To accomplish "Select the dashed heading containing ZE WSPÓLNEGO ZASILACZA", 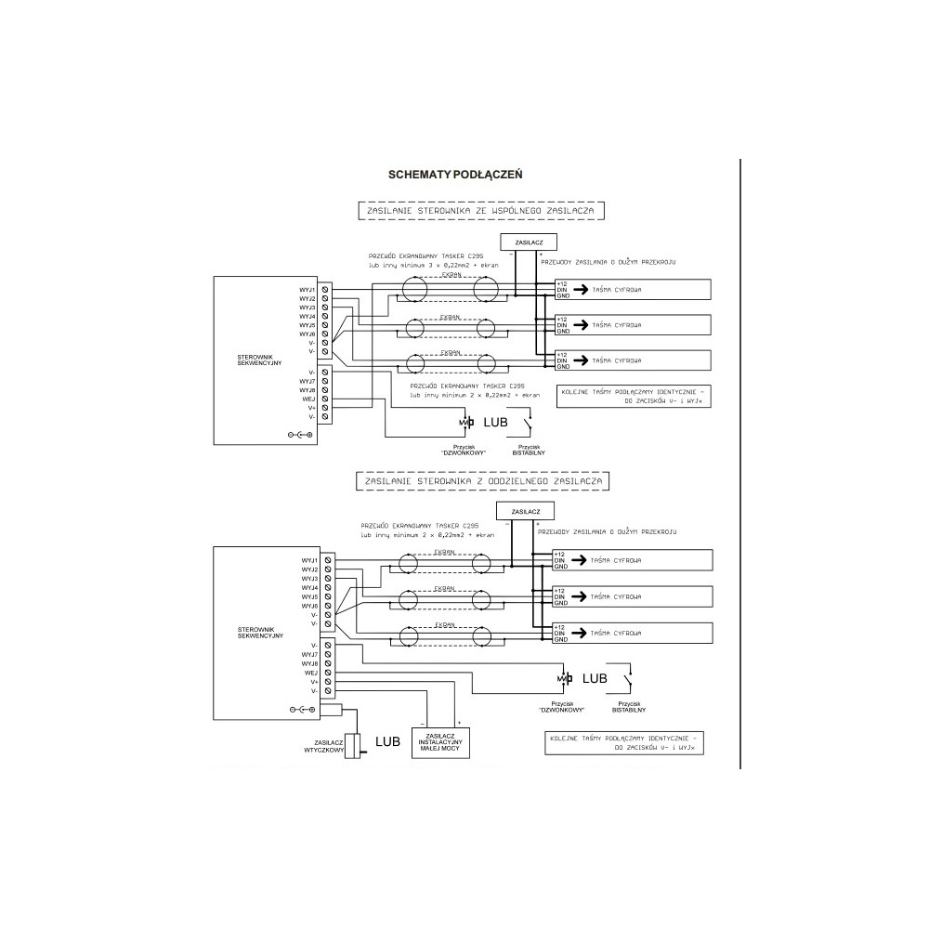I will coord(481,212).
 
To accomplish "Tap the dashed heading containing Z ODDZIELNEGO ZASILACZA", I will coord(481,482).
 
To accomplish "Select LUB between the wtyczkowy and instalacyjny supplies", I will coord(387,741).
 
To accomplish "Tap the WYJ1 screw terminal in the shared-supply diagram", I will coord(324,289).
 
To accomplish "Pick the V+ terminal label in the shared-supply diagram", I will coord(313,409).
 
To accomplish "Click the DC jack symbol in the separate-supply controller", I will coord(301,710).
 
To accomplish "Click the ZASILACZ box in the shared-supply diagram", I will coord(528,242).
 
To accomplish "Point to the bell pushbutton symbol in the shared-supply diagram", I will coord(466,424).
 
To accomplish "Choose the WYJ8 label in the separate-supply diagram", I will coord(310,663).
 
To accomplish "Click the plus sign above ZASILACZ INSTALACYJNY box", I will coord(458,721).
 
